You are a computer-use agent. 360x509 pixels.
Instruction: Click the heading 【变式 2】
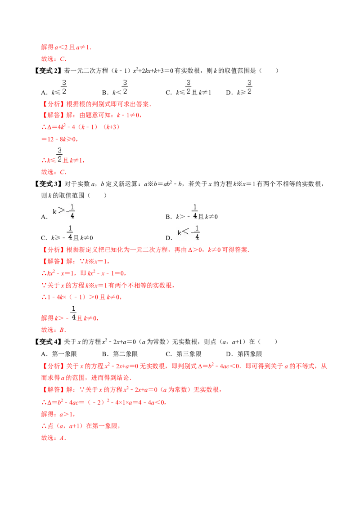tap(48, 71)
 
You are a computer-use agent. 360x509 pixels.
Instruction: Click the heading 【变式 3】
tap(48, 184)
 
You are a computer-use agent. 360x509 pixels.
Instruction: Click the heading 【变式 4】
tap(48, 341)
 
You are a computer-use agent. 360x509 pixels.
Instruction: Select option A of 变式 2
tap(54, 88)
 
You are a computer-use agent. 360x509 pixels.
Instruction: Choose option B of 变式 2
tap(115, 88)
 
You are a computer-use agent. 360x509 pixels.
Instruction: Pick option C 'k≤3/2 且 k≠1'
tap(189, 88)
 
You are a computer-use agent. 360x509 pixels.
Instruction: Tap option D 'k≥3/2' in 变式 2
tap(239, 88)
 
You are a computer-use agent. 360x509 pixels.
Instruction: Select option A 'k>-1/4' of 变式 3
tap(58, 212)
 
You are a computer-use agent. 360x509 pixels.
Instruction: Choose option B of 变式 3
tap(192, 212)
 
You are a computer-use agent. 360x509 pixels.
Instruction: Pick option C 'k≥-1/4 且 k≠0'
tap(67, 233)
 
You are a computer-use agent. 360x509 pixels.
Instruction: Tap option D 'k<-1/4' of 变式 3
tap(183, 233)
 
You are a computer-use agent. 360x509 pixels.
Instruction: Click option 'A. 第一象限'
tap(59, 354)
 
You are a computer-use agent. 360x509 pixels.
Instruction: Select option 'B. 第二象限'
tap(120, 354)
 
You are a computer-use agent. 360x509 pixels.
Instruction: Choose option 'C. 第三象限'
tap(184, 354)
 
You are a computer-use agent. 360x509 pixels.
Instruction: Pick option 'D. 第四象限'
tap(244, 354)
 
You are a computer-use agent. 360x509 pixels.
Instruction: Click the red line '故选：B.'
tap(54, 330)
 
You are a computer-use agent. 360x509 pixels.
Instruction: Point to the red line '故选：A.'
tap(54, 438)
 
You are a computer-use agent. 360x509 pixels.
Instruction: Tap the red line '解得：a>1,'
tap(58, 414)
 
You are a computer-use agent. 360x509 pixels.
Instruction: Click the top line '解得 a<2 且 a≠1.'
tap(66, 47)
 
